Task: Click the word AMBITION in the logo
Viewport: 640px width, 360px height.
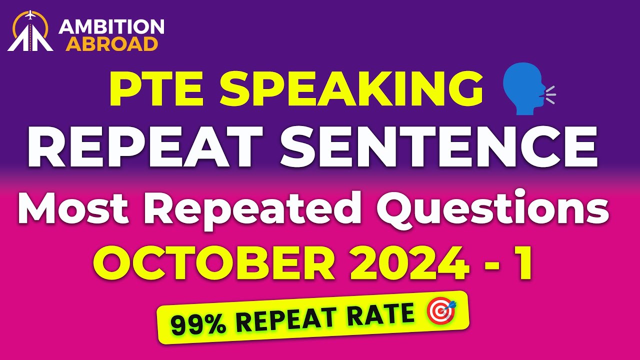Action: click(111, 27)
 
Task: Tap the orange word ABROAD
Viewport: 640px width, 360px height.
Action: click(112, 43)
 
